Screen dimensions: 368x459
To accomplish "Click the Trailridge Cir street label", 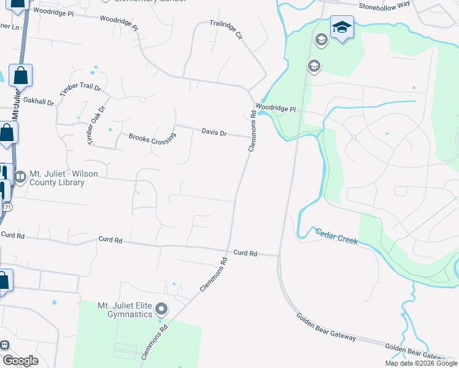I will (x=226, y=29).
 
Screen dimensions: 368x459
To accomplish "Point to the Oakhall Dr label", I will (x=39, y=102).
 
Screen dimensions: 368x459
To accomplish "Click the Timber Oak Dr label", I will (x=96, y=117).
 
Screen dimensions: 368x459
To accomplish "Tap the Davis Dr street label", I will (x=214, y=132).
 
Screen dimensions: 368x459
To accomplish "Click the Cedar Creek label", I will (x=336, y=236).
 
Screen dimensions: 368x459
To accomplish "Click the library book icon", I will (x=20, y=178).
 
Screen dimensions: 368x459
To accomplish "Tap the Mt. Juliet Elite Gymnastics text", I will (x=125, y=310).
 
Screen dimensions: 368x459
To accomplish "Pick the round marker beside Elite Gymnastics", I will (x=161, y=309).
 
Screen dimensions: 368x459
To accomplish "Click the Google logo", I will (x=20, y=360).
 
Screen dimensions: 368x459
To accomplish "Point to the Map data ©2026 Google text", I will (x=421, y=363).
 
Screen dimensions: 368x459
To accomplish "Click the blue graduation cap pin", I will (x=342, y=28).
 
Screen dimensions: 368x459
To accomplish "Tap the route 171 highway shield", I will (x=6, y=207).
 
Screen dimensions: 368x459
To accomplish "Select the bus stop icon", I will (x=4, y=345).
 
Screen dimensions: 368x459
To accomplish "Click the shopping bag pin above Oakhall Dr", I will (x=20, y=76).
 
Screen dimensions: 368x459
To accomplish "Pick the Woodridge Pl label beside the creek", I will (x=276, y=109).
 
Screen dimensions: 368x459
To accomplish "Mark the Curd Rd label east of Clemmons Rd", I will (x=245, y=253).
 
